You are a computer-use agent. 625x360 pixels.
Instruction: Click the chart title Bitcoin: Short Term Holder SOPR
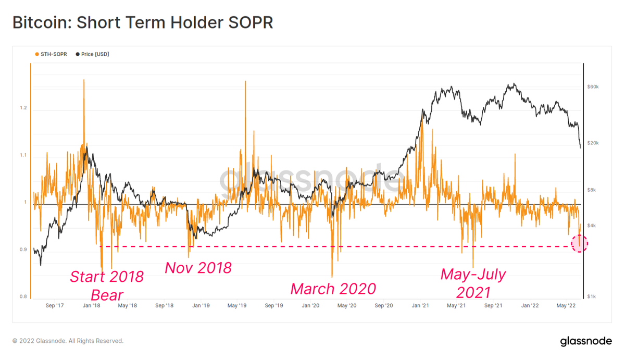click(142, 23)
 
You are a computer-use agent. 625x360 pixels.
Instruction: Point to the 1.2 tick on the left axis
click(23, 108)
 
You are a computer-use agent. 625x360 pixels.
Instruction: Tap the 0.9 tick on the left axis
click(23, 250)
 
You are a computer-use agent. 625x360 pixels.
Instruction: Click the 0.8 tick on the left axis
click(23, 297)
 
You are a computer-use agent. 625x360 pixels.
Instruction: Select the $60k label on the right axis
click(593, 86)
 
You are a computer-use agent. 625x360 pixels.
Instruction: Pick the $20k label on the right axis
click(593, 143)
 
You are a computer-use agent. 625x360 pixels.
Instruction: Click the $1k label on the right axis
click(592, 297)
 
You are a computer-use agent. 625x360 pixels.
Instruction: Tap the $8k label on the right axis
click(592, 190)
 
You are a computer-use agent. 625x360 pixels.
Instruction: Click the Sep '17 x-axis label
click(55, 306)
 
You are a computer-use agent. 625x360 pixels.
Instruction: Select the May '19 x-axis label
click(237, 306)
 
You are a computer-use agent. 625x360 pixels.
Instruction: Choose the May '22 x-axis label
click(566, 306)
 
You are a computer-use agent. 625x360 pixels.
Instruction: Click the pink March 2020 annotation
click(333, 289)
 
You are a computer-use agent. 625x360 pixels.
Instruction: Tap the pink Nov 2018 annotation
click(198, 268)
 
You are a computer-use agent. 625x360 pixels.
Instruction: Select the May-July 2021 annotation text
click(473, 283)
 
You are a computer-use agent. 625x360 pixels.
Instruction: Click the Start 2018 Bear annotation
click(107, 285)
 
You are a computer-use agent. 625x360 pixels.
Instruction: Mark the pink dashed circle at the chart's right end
click(580, 243)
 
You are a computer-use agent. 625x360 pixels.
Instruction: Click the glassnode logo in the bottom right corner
click(586, 341)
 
